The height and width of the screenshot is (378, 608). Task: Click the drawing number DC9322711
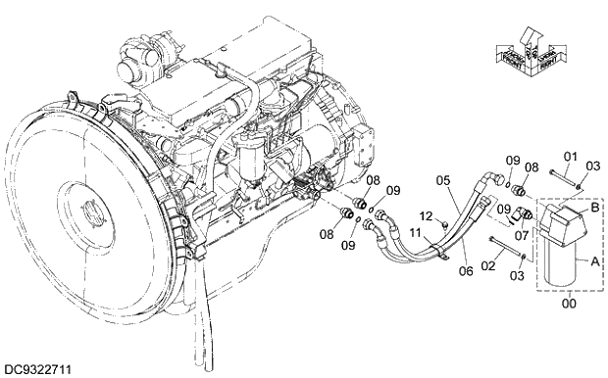37,369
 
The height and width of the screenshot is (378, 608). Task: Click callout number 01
571,156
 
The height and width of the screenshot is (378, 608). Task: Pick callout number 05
443,180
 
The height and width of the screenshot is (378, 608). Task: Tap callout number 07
522,235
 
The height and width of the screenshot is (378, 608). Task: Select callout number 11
415,235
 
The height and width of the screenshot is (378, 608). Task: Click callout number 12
426,215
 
